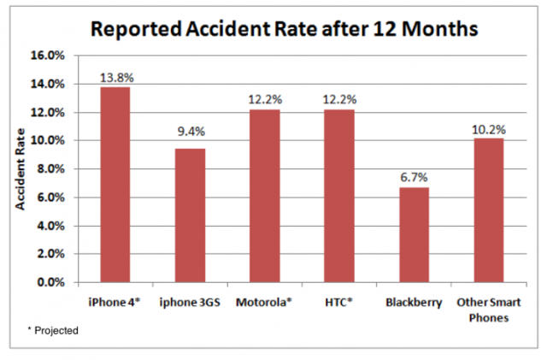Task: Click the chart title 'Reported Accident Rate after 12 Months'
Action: [284, 28]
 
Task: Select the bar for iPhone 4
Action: [116, 184]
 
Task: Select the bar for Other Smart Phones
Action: [489, 210]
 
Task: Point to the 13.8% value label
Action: [116, 78]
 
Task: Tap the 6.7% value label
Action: [414, 178]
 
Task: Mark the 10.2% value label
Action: [489, 129]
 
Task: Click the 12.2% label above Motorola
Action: [265, 100]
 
